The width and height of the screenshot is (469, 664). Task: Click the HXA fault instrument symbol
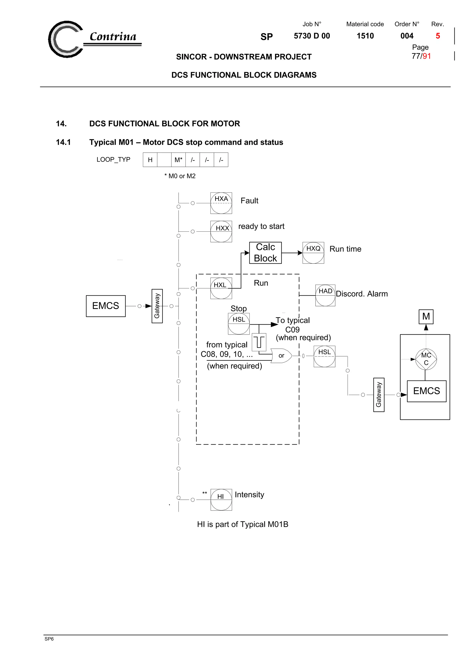221,203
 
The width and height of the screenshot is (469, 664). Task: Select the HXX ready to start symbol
221,231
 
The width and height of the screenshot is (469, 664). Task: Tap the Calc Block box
265,253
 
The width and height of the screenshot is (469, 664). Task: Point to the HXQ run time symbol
313,253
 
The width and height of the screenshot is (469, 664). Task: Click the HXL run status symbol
221,288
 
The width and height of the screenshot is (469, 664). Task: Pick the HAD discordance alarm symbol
325,295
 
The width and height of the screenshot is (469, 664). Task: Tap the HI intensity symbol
221,499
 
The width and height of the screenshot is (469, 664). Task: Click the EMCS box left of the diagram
106,306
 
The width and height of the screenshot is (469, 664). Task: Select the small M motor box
426,316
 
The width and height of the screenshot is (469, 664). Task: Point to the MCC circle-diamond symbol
426,359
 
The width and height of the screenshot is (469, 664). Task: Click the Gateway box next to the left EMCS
157,306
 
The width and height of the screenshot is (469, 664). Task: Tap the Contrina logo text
113,37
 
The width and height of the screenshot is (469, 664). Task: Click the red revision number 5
438,36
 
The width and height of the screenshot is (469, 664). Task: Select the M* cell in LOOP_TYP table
178,160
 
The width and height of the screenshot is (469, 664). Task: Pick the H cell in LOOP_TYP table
150,160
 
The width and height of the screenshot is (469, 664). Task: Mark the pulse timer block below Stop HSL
259,342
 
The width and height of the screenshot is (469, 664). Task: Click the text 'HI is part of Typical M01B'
243,524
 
